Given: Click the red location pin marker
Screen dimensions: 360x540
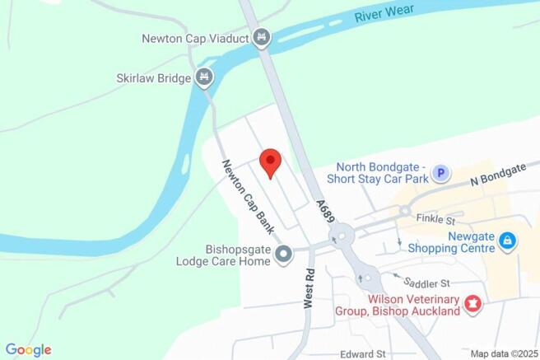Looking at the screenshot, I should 270,161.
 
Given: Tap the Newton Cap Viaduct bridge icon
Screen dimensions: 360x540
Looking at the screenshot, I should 262,37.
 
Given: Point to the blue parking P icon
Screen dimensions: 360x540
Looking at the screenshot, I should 442,173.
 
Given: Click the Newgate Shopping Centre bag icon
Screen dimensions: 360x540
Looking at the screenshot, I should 508,241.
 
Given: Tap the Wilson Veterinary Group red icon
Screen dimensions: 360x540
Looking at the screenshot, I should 472,305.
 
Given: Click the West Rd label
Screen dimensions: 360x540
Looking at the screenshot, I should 309,288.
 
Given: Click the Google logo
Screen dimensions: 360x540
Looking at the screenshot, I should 28,350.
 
